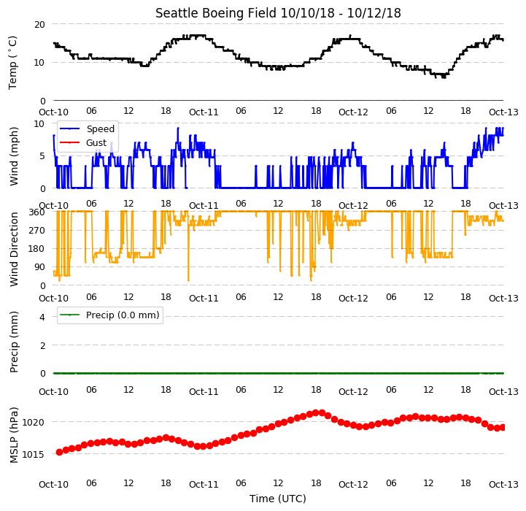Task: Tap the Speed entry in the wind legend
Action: point(100,129)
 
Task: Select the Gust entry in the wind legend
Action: point(96,142)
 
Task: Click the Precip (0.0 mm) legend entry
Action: point(123,315)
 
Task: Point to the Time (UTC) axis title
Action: point(278,499)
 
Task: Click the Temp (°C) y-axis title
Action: point(12,63)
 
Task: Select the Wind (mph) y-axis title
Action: point(14,156)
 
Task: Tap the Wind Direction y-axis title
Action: point(14,249)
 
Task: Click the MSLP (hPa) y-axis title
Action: point(14,435)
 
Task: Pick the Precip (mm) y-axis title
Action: point(14,342)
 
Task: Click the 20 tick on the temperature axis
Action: point(39,25)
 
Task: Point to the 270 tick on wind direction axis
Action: point(37,231)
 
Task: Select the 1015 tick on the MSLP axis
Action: point(33,454)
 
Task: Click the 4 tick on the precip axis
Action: point(42,317)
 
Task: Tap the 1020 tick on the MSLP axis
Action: point(33,422)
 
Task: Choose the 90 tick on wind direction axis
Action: point(39,267)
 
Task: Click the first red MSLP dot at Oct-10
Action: point(59,453)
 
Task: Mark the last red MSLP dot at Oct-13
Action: point(502,427)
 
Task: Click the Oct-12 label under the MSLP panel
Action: point(353,485)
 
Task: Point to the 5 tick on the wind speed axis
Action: point(42,156)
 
